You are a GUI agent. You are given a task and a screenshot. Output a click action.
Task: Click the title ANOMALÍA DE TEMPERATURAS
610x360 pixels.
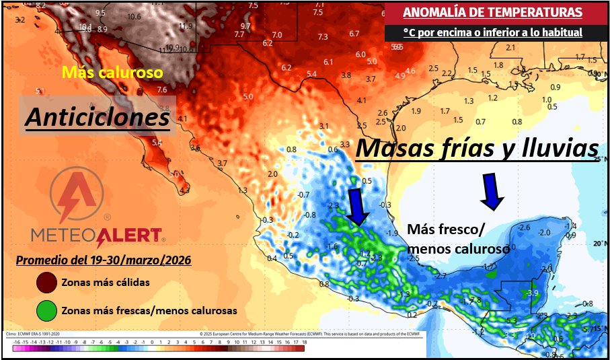pyautogui.click(x=493, y=11)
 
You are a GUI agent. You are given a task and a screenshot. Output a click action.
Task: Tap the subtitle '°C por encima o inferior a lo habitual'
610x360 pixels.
pyautogui.click(x=493, y=32)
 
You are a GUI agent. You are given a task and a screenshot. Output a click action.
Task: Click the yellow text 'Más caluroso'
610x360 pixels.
pyautogui.click(x=112, y=71)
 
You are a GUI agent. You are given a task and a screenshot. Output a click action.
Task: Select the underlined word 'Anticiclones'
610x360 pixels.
pyautogui.click(x=98, y=117)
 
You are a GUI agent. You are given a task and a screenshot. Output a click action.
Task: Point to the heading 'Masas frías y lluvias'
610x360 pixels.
pyautogui.click(x=476, y=149)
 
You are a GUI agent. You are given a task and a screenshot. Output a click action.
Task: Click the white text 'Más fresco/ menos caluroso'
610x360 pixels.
pyautogui.click(x=457, y=238)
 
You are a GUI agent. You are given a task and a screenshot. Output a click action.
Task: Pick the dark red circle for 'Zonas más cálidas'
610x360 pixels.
pyautogui.click(x=46, y=283)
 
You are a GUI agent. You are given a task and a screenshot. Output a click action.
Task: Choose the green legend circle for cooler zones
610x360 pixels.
pyautogui.click(x=46, y=312)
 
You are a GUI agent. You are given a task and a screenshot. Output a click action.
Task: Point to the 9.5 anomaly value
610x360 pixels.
pyautogui.click(x=100, y=13)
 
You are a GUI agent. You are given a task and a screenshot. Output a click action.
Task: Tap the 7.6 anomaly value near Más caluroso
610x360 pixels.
pyautogui.click(x=161, y=89)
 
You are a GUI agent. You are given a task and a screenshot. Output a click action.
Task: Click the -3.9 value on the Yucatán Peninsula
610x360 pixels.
pyautogui.click(x=533, y=294)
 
